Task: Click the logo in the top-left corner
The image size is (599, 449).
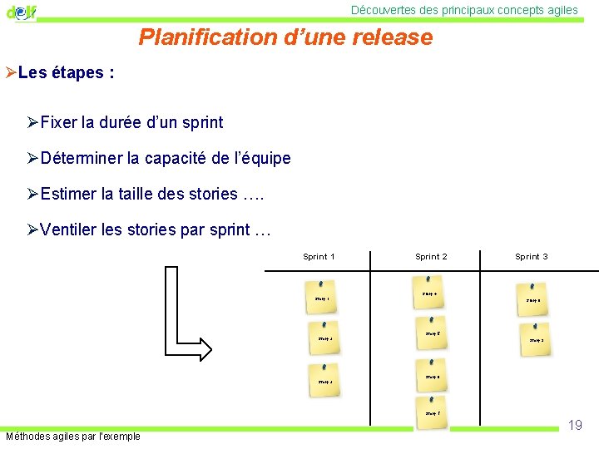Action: [x=22, y=12]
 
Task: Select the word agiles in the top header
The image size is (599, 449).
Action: [x=560, y=10]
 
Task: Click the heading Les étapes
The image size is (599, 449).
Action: [x=66, y=72]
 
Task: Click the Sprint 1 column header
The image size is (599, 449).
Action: [x=319, y=257]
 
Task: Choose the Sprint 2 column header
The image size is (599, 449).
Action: [x=431, y=257]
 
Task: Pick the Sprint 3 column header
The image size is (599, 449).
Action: [x=531, y=257]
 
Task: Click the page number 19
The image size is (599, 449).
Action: [x=575, y=425]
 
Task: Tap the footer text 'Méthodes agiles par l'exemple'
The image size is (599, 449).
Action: [x=73, y=437]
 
